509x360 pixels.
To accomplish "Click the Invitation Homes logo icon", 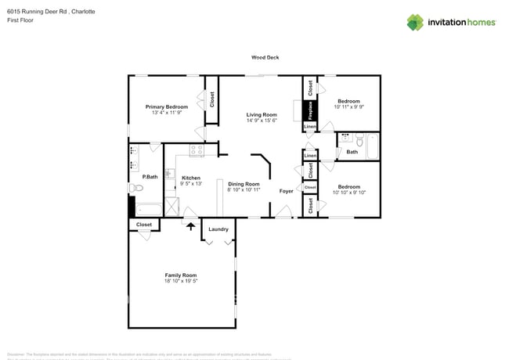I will pos(415,22).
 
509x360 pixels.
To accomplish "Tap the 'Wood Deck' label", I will pos(265,57).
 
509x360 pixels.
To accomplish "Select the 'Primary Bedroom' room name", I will pos(167,106).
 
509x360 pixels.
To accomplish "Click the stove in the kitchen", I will pos(196,149).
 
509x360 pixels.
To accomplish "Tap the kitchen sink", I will pos(168,174).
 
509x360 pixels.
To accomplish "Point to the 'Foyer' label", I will pos(287,191).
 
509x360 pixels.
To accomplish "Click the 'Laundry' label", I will pos(218,229).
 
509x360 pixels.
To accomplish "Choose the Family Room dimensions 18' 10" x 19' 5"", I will pos(180,281).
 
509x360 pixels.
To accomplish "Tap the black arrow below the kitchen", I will pos(190,225).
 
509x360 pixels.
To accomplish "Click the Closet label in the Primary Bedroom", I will pos(211,99).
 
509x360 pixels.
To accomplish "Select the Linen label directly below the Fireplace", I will pos(310,127).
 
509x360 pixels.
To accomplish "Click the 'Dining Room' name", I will pos(244,184).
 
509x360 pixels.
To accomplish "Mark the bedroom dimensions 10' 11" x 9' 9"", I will pos(348,107).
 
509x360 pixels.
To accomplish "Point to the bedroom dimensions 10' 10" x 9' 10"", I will pos(348,193).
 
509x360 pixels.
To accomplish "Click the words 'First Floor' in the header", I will pos(20,21).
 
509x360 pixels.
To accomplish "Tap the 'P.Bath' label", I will pos(150,177).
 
